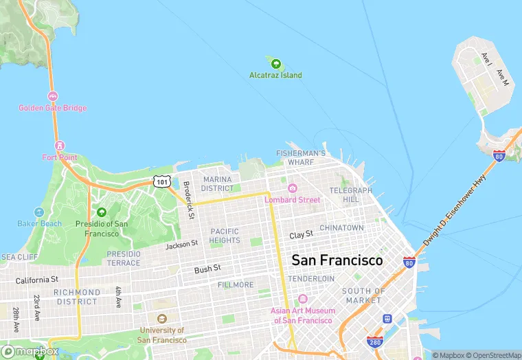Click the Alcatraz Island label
point(275,75)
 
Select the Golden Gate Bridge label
point(52,108)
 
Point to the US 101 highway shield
point(161,181)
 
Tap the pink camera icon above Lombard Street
point(293,188)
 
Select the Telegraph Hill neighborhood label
point(350,194)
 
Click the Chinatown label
point(341,227)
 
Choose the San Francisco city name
point(337,260)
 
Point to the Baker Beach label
point(39,223)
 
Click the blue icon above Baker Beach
point(39,212)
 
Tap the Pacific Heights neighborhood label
point(225,236)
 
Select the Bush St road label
point(207,269)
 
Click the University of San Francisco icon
point(161,319)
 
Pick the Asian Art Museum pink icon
point(303,300)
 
